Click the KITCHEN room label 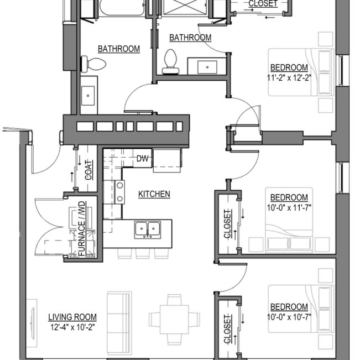click(154, 194)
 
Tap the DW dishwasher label click(143, 159)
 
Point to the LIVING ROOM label click(72, 317)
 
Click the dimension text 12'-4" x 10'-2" click(72, 326)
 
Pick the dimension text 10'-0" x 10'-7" click(289, 316)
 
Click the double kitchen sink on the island click(148, 228)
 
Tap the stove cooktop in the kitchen click(119, 191)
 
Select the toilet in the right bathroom click(171, 61)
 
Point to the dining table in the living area click(174, 319)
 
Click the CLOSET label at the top click(263, 4)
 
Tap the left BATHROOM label click(119, 49)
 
